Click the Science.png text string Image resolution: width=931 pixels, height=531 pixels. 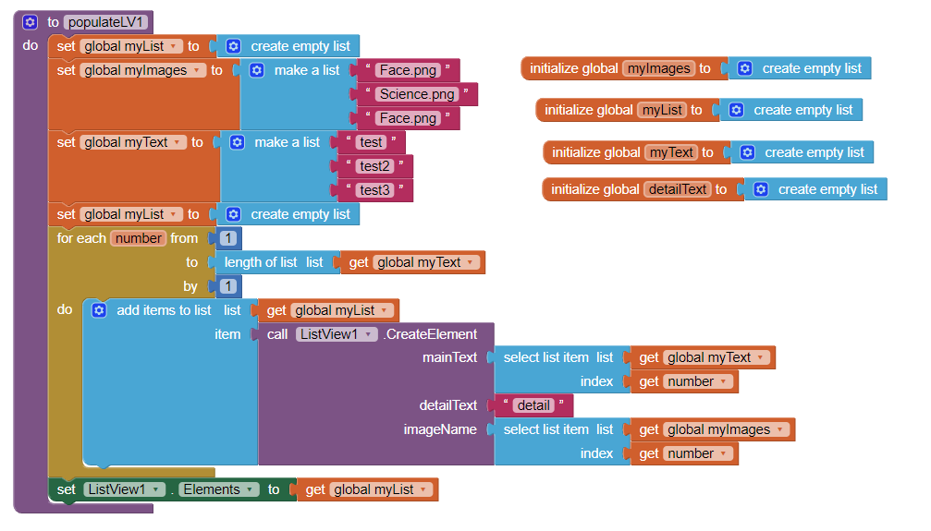(x=417, y=94)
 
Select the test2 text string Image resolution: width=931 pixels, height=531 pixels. (x=374, y=166)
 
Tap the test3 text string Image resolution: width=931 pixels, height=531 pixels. (x=374, y=190)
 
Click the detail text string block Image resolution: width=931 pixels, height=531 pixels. (x=533, y=405)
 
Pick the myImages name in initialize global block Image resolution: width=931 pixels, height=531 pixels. (x=657, y=68)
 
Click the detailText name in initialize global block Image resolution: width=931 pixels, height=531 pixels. (x=677, y=189)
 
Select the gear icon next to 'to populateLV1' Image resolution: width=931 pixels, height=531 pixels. (x=30, y=22)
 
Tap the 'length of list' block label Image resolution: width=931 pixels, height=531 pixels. (x=261, y=262)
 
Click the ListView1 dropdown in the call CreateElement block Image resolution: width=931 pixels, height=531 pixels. (x=337, y=334)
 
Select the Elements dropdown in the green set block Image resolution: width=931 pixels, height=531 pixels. (x=218, y=489)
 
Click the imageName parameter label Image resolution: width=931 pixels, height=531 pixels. (x=440, y=429)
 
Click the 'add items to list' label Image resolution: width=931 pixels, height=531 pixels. (x=164, y=310)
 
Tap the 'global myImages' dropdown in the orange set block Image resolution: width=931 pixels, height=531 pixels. (x=143, y=70)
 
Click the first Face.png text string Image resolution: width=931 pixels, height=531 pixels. (x=407, y=70)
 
